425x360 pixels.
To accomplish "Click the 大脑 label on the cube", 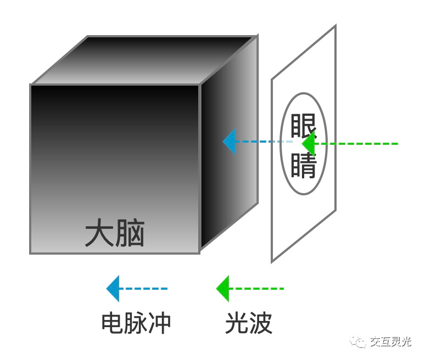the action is (x=115, y=233).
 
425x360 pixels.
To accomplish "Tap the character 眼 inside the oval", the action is (x=303, y=126).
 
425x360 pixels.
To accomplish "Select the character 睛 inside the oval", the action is (x=304, y=166).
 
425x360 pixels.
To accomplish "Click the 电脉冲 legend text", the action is (x=136, y=323).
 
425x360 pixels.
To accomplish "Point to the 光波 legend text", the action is (x=249, y=323).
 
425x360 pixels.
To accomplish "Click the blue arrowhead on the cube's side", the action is (x=230, y=142).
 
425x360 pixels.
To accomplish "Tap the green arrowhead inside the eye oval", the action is (x=309, y=144).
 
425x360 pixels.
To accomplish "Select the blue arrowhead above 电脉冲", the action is (x=113, y=289).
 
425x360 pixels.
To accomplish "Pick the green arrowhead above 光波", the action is (x=223, y=289).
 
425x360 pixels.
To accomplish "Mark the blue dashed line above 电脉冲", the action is (x=143, y=289).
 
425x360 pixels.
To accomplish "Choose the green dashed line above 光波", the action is (x=256, y=289).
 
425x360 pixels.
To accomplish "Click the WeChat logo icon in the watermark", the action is (x=358, y=342).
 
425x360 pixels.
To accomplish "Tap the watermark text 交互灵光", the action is (x=390, y=342).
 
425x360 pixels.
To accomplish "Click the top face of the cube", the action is (x=144, y=60).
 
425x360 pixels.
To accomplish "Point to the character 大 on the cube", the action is (x=99, y=233).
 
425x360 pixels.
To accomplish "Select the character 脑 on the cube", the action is (x=130, y=233).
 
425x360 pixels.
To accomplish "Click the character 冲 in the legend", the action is (x=159, y=323).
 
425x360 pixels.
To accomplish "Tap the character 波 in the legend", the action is (x=261, y=323).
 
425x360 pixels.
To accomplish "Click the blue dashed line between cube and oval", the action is (x=264, y=142).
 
